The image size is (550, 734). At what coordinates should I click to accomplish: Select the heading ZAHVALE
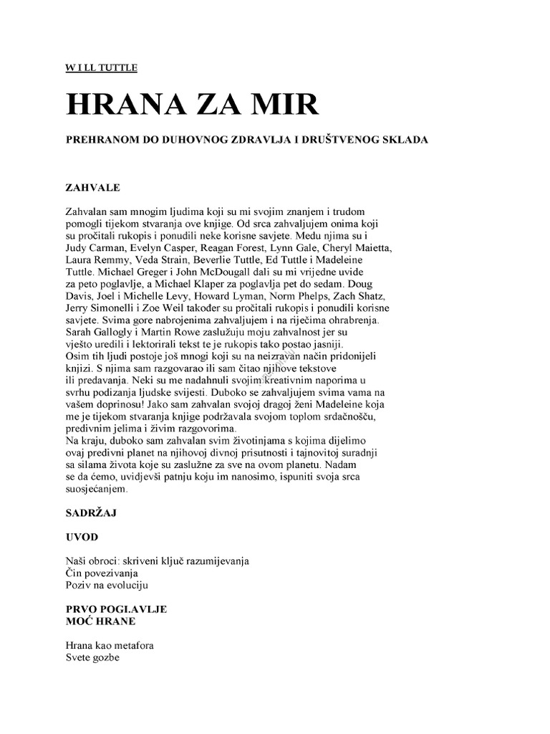93,187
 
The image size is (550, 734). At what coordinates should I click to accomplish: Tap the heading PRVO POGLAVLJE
116,609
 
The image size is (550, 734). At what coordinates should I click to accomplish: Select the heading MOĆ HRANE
100,620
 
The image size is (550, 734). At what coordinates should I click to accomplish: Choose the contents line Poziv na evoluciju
105,585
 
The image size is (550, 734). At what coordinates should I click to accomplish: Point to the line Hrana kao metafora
110,645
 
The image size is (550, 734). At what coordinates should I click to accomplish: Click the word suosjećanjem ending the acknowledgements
97,490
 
